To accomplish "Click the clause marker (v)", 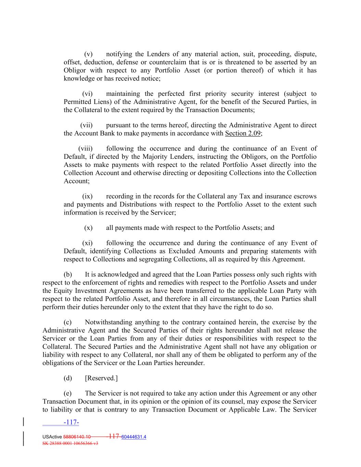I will tap(88, 54).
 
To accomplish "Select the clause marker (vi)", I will tap(87, 94).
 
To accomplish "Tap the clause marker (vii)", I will tap(86, 125).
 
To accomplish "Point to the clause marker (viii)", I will tap(85, 148).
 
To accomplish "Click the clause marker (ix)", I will tap(87, 196).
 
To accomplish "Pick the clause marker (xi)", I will tap(87, 243).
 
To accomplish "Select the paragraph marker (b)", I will tap(68, 274).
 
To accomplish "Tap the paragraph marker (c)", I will tap(68, 322).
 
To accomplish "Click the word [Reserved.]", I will tap(101, 378).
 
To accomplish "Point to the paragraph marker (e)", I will tap(68, 393).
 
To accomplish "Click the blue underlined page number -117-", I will tap(71, 423).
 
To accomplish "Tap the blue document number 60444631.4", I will tap(131, 437).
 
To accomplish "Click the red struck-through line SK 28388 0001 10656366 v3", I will tap(70, 443).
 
